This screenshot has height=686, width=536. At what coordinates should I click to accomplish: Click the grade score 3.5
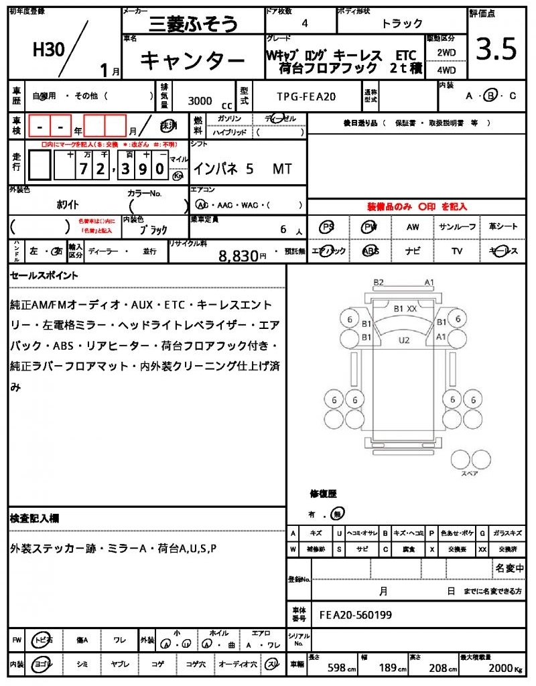(496, 49)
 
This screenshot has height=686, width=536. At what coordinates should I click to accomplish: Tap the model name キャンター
(192, 61)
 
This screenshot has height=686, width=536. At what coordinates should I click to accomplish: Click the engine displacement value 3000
(200, 100)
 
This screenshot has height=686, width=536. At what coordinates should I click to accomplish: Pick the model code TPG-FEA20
(306, 96)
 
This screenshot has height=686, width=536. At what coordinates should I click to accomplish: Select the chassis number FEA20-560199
(356, 614)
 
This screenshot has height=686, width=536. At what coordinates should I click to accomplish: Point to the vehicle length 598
(337, 668)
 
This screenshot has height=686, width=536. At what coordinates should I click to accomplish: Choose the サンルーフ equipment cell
(457, 227)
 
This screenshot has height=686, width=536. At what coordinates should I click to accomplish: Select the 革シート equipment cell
(503, 227)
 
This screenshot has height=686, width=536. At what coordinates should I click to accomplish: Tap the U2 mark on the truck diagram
(403, 340)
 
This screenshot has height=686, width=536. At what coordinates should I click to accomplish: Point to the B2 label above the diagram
(379, 282)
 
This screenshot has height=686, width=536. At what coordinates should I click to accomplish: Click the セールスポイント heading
(44, 275)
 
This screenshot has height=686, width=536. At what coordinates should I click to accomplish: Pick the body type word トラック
(402, 23)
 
